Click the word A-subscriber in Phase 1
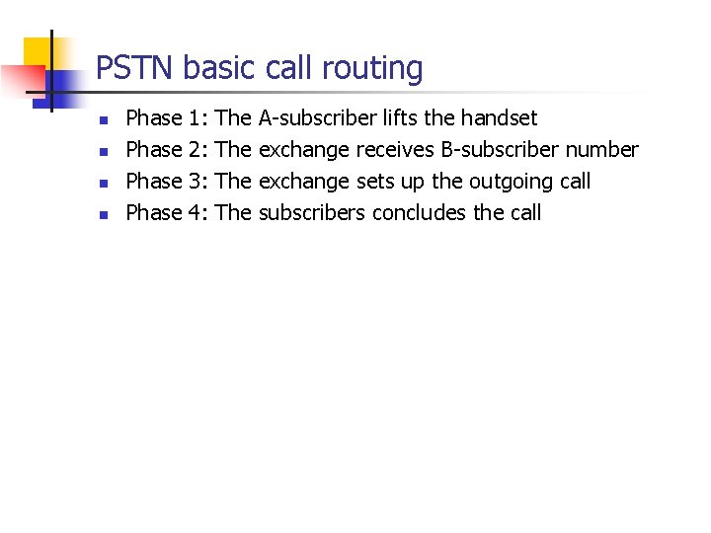[317, 118]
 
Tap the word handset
[498, 118]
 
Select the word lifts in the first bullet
[401, 118]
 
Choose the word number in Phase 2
[604, 150]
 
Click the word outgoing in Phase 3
[510, 183]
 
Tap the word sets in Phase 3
[372, 182]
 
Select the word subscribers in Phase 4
[312, 213]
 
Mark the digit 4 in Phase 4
[194, 213]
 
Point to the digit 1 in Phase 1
[194, 118]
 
